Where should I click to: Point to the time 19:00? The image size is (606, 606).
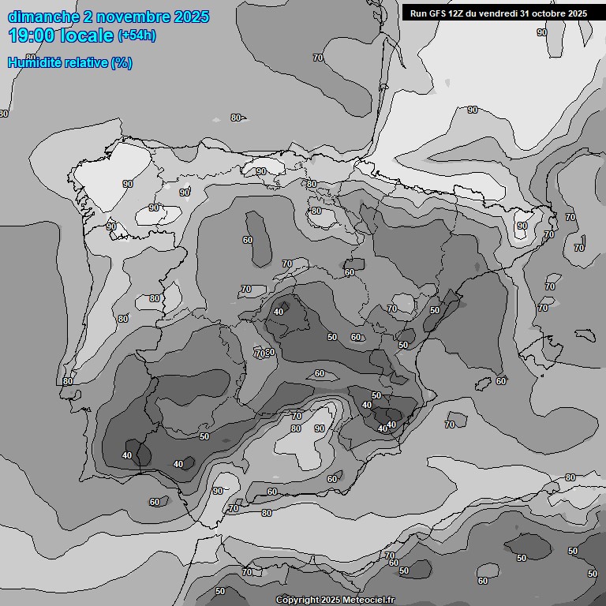point(32,36)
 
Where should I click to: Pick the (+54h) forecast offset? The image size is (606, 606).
point(137,36)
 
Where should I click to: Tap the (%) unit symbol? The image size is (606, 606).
point(122,62)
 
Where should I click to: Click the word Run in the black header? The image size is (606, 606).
point(419,13)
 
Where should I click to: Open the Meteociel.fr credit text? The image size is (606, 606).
point(368,600)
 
